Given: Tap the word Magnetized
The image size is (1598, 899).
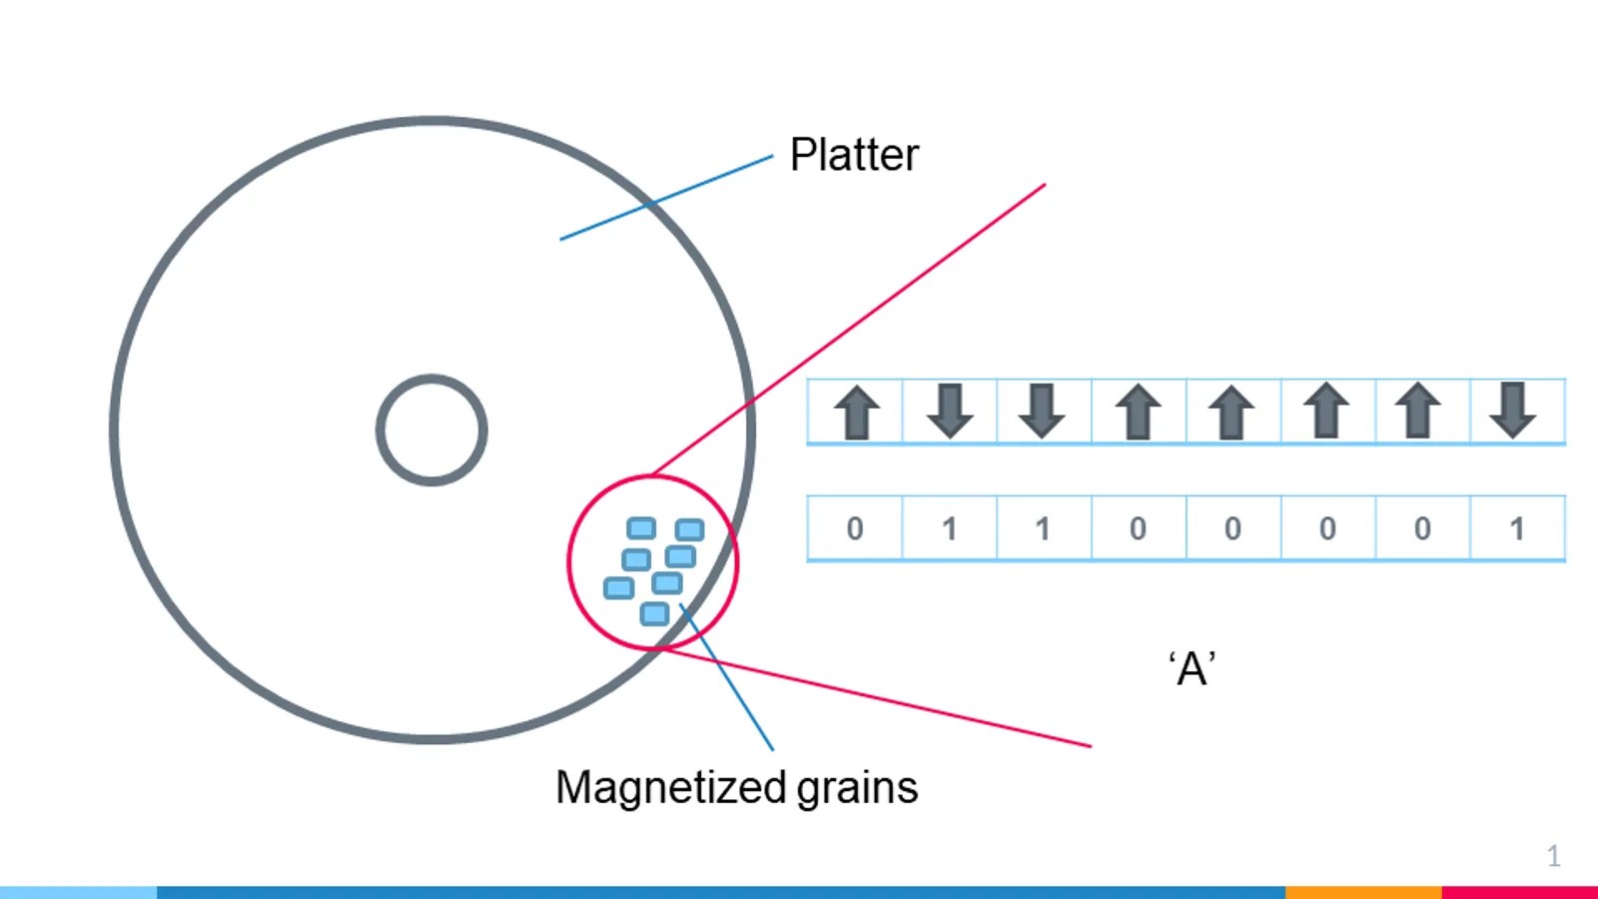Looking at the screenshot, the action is point(670,788).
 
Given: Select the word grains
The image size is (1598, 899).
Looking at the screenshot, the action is point(857,788).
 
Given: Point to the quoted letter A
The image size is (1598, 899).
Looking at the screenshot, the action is point(1193,669).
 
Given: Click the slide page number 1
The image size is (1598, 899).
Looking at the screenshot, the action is point(1554,855).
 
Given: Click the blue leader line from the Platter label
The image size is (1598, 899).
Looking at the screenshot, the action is point(666,198).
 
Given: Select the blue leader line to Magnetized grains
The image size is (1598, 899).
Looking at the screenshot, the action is point(726,676).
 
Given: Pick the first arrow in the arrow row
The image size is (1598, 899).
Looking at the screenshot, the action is point(856,413).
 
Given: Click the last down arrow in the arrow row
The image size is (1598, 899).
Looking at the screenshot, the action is point(1512,411).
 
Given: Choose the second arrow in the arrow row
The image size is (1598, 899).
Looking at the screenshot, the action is point(950,411).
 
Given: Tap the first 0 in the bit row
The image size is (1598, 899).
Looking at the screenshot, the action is point(855,528).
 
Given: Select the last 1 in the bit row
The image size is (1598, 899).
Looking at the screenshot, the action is point(1517,528).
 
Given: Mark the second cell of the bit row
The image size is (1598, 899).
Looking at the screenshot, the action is point(950,528).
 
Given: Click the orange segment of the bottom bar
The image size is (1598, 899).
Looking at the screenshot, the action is point(1363,893).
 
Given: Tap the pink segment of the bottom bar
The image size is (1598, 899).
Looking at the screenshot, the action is point(1519,893).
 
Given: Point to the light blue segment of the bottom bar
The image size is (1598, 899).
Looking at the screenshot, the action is point(79,893).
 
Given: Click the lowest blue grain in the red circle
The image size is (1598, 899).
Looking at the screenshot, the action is point(654,613).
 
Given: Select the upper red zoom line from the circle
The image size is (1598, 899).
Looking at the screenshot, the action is point(849,329).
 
